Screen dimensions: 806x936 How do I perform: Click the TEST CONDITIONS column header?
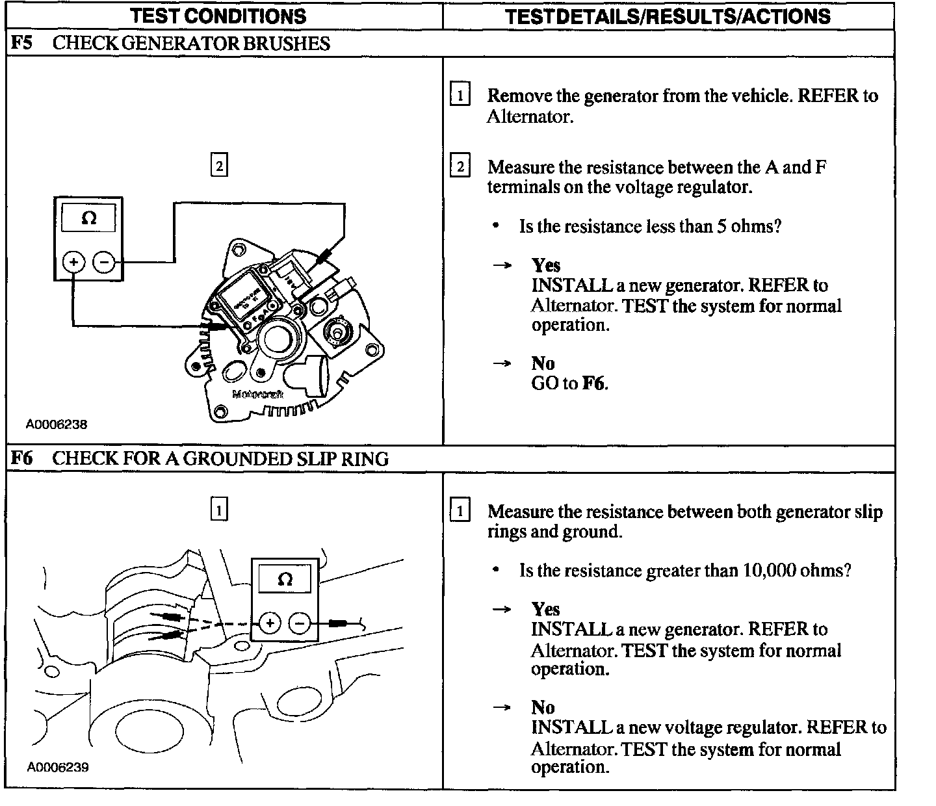[x=218, y=16]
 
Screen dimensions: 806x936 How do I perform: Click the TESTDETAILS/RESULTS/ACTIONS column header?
[x=668, y=16]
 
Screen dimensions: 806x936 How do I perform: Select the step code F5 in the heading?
[x=22, y=44]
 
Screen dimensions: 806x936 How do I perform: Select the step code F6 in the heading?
[x=22, y=459]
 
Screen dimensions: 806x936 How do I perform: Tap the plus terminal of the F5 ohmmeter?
[x=73, y=263]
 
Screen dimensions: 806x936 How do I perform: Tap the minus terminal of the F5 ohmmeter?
[x=104, y=263]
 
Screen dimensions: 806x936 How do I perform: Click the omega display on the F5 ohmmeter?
[x=89, y=218]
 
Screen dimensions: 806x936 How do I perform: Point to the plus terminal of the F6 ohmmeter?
[x=269, y=624]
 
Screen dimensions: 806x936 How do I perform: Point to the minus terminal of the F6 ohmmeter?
[x=300, y=624]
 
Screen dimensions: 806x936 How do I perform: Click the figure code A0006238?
[x=57, y=424]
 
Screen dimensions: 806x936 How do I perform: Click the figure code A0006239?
[x=57, y=768]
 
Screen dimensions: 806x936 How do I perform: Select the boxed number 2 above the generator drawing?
[x=219, y=166]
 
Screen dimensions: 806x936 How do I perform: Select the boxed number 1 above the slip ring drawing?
[x=219, y=510]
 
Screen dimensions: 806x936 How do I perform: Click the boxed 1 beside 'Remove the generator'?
[x=460, y=96]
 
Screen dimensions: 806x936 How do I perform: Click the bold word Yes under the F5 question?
[x=545, y=265]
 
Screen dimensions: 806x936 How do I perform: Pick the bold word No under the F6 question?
[x=543, y=707]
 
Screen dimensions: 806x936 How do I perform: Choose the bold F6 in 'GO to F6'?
[x=593, y=383]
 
